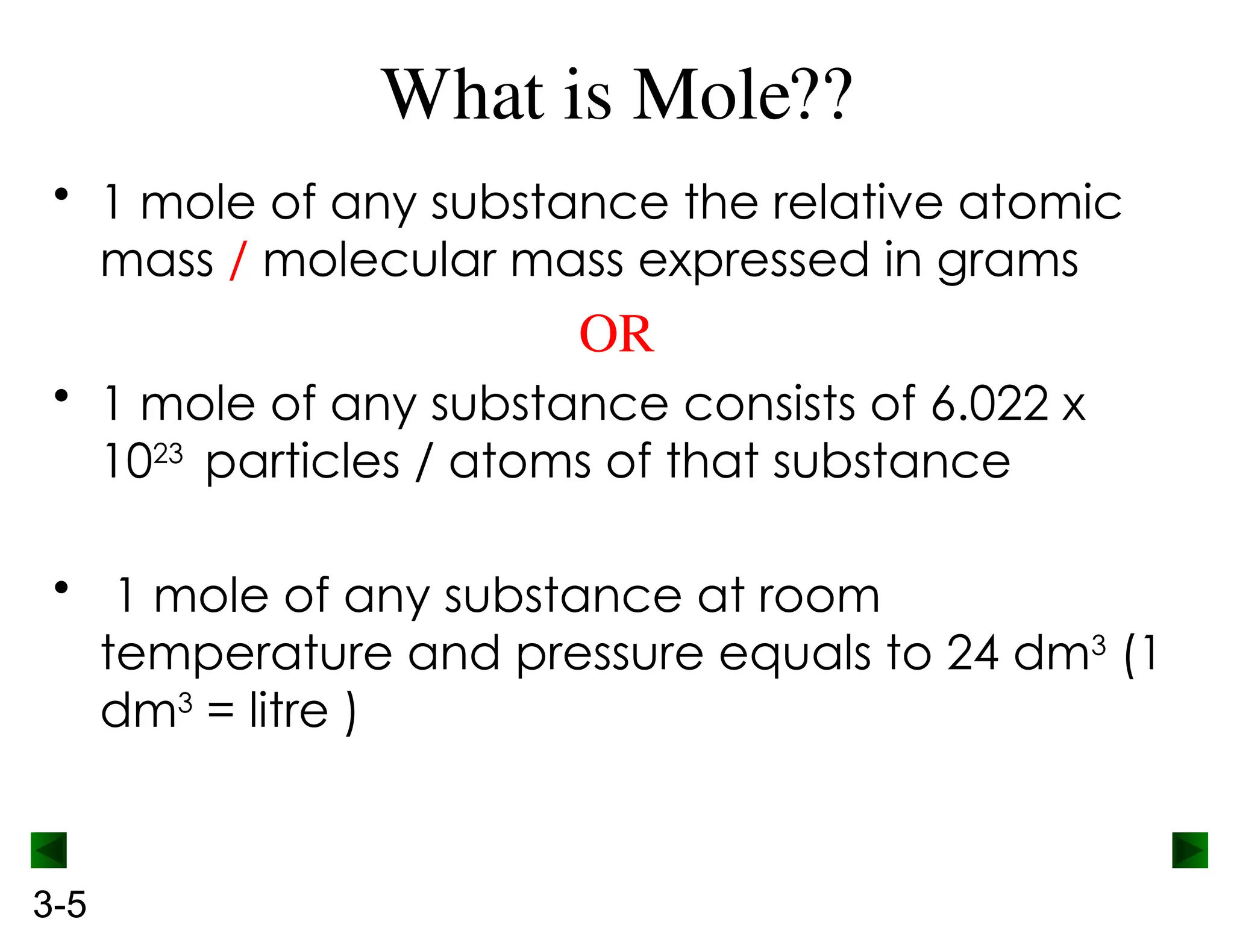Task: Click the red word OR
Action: tap(616, 334)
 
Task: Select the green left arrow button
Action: tap(49, 850)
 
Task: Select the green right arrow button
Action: tap(1189, 850)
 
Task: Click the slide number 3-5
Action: tap(60, 904)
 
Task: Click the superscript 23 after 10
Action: tap(168, 453)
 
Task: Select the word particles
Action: tap(302, 462)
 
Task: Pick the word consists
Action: tap(769, 403)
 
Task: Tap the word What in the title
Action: tap(464, 95)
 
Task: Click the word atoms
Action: tap(520, 462)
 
